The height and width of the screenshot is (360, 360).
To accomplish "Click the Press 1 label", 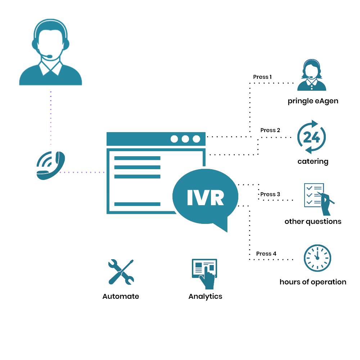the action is coord(262,77).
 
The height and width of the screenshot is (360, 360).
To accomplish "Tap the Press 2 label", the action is coord(270,130).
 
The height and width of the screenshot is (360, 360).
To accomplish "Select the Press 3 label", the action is coord(270,194).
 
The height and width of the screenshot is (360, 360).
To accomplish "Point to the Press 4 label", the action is coord(266,254).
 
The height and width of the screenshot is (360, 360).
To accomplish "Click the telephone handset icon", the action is coord(51,165).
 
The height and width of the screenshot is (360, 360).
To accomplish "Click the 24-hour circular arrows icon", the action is coord(311,137).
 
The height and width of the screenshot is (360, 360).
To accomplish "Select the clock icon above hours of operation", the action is coord(317,258).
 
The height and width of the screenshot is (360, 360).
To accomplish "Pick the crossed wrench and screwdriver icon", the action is coord(121,272).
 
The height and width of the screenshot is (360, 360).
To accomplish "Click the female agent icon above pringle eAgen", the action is coord(311,75).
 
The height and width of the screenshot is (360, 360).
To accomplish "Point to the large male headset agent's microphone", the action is coord(49,56).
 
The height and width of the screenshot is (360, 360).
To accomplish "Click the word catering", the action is coord(313,161).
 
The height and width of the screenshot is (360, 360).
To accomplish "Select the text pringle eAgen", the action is coord(313,101).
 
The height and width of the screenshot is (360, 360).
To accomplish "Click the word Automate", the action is coord(121,296).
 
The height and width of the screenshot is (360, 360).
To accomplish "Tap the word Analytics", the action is coord(205,296).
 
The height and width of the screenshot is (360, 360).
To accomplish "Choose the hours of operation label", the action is coord(313,282).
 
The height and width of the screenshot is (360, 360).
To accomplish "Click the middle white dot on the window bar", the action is coord(185,139).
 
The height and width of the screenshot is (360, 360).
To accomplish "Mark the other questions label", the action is coord(313,221).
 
